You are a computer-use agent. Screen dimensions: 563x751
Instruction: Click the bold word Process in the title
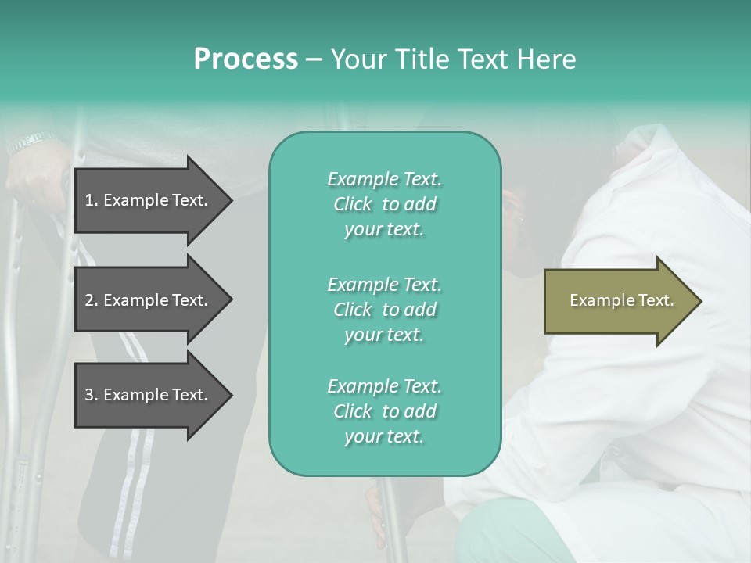246,59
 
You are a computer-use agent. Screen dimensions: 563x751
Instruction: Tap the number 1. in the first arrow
91,200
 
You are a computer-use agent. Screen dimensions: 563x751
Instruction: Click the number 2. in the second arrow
91,300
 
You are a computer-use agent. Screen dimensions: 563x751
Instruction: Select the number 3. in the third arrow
91,395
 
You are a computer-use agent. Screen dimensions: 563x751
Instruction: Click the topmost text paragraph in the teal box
384,204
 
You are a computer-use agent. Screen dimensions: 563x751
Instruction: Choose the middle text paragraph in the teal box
384,310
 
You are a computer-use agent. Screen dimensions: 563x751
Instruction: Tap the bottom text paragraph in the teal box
384,411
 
